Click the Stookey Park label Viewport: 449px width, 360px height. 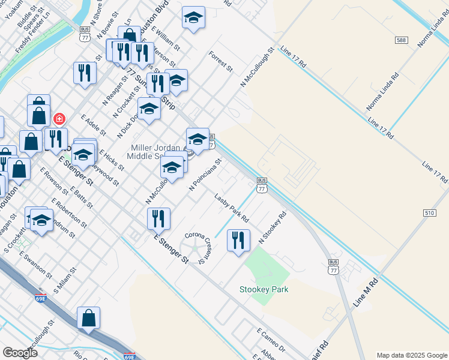coord(264,289)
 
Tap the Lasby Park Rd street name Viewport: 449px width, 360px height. coord(232,207)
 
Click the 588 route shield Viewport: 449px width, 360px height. coord(402,40)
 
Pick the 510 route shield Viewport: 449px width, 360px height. coord(429,213)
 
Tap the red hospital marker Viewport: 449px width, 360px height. coord(59,119)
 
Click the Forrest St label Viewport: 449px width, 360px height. coord(220,62)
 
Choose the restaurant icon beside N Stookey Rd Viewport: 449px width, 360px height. coord(238,241)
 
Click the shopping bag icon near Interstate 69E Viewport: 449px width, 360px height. coord(88,319)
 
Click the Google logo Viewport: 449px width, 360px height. coord(20,353)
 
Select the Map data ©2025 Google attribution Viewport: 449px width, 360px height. coord(411,355)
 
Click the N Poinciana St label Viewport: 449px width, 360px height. coord(205,174)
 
